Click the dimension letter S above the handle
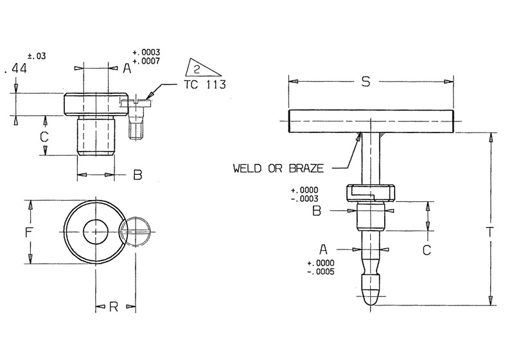tap(366, 82)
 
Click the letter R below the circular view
tap(113, 307)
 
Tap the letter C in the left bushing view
tap(44, 137)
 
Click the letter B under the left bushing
tap(137, 175)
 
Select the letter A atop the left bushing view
tap(127, 67)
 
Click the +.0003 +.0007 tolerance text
tap(145, 56)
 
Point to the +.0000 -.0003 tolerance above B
tap(305, 195)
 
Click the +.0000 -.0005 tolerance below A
tap(321, 267)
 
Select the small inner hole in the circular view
tap(96, 231)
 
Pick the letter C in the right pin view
tap(426, 251)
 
